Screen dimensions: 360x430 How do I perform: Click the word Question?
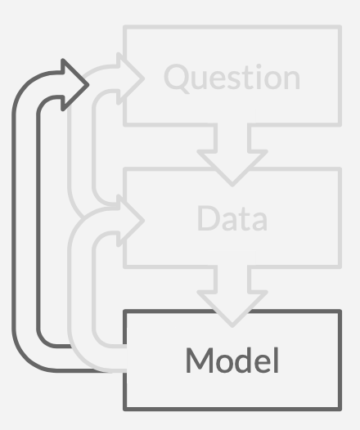(x=232, y=78)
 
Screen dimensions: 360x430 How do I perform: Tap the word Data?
(x=232, y=218)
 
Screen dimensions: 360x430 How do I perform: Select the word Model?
(x=232, y=360)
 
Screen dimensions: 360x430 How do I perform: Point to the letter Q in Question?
(x=177, y=78)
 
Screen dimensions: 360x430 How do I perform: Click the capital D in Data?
(x=209, y=218)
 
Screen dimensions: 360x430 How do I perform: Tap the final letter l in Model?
(x=277, y=360)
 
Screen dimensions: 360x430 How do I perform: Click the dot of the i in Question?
(x=258, y=66)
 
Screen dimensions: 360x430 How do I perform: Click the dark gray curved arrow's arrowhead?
(x=74, y=85)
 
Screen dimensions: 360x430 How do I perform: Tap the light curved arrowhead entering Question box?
(x=130, y=78)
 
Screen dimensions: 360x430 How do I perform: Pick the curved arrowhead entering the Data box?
(x=130, y=220)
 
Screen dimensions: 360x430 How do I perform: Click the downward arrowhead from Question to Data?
(x=232, y=168)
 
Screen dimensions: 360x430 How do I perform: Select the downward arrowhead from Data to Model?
(x=232, y=308)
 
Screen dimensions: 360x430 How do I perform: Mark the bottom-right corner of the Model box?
(x=340, y=410)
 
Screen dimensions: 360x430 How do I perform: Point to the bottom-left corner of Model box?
(x=125, y=410)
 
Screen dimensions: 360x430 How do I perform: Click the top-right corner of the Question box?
(x=340, y=27)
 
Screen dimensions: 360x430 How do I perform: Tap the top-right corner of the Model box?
(x=340, y=311)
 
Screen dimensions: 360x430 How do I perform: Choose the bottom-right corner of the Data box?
(x=340, y=267)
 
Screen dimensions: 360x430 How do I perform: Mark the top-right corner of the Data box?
(x=340, y=168)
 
